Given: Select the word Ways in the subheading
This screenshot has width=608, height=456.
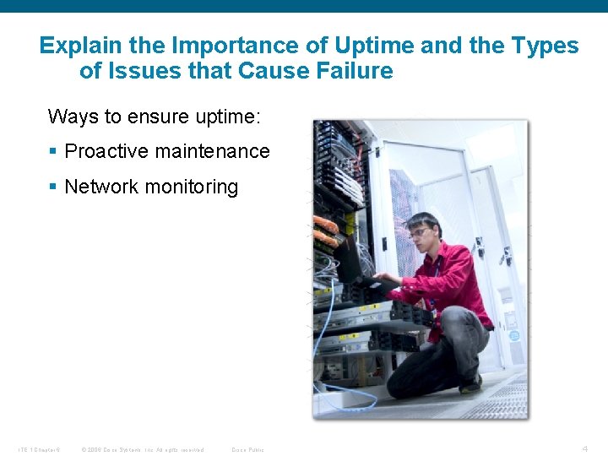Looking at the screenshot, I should click(73, 117).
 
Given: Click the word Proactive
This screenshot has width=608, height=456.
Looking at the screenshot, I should click(104, 152).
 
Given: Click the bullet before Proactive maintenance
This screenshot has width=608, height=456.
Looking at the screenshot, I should click(52, 152).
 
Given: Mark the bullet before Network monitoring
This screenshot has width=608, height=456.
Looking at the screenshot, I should click(52, 187).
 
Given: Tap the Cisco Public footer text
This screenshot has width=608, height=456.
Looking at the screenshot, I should click(247, 449).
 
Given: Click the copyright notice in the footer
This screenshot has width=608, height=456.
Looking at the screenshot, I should click(142, 449).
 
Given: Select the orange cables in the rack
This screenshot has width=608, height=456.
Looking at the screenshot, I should click(325, 230).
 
